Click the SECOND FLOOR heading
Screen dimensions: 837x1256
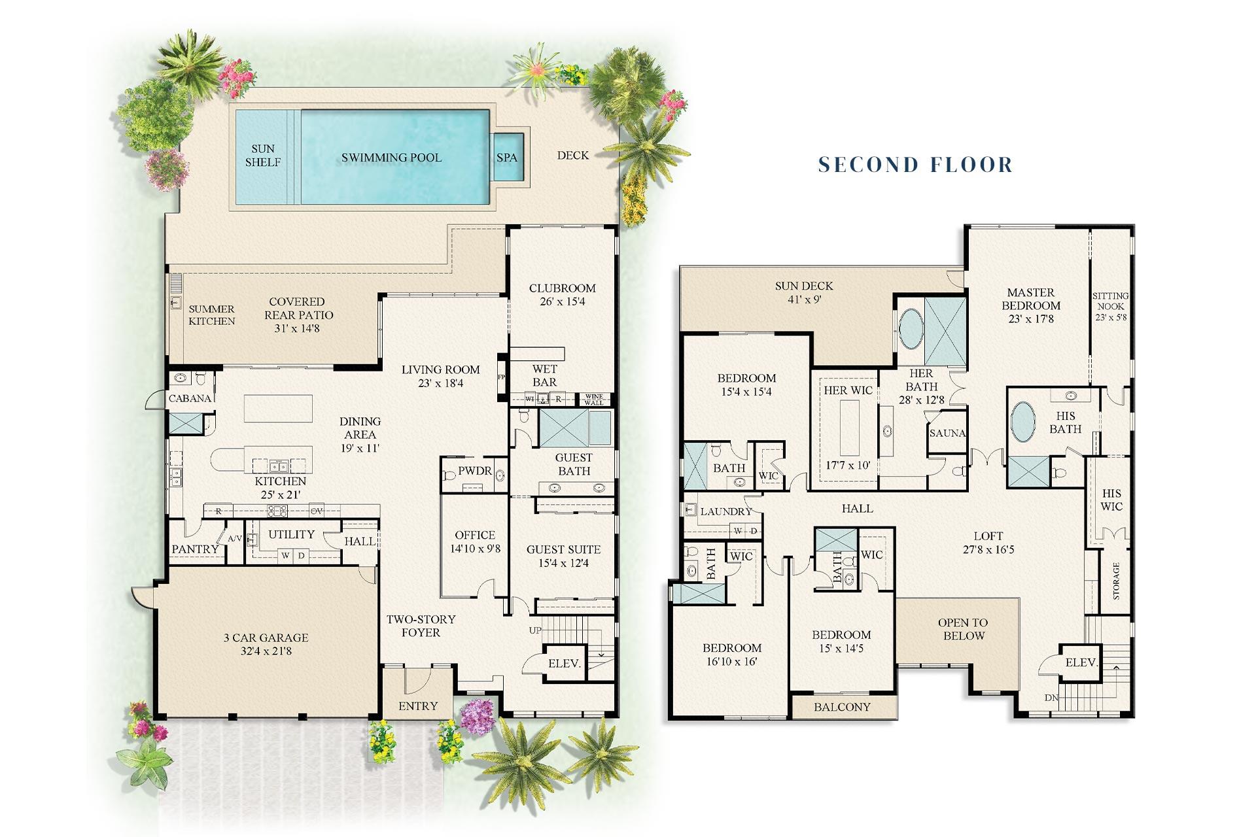tap(915, 164)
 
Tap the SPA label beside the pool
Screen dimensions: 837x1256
tap(506, 158)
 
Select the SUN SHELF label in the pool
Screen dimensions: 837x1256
tap(263, 156)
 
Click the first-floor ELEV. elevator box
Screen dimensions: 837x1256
tap(564, 664)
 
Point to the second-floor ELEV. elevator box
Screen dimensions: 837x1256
tap(1081, 662)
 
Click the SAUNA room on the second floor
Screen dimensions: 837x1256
tap(947, 433)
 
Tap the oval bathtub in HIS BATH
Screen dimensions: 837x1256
tap(1023, 422)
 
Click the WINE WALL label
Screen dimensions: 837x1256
tap(594, 400)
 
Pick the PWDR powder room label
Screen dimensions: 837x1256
tap(474, 471)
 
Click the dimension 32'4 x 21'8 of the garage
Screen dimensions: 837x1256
tap(266, 651)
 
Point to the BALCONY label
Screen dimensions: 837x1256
tap(842, 707)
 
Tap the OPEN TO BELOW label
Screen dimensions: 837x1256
tap(963, 629)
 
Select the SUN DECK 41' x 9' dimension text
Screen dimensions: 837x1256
tap(804, 299)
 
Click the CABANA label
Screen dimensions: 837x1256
tap(190, 398)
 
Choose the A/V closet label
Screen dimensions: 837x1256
tap(235, 539)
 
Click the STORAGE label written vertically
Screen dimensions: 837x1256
tap(1116, 581)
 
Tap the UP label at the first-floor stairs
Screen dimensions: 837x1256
tap(535, 630)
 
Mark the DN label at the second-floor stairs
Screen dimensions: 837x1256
tap(1051, 698)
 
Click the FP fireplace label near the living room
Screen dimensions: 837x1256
tap(502, 377)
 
